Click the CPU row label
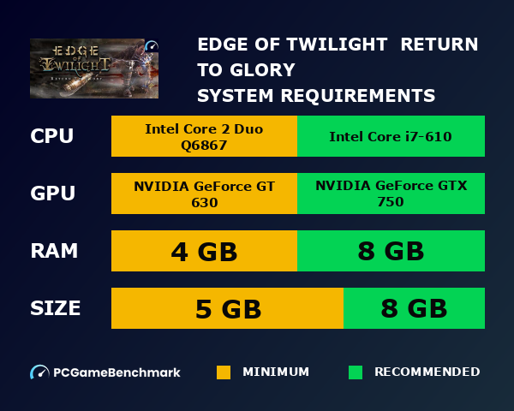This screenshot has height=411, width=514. [51, 136]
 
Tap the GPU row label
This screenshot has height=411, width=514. [52, 194]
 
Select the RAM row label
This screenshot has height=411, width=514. [54, 251]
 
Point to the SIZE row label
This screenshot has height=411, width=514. [56, 307]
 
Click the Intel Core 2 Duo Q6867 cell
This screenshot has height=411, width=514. [204, 136]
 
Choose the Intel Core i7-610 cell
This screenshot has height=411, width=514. [391, 136]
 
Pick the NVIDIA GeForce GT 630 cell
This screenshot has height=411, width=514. [204, 194]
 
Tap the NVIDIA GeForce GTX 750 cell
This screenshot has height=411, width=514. [391, 194]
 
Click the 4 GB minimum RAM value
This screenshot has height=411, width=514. [204, 252]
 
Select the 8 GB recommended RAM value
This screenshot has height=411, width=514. [391, 252]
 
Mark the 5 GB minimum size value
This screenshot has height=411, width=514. [227, 308]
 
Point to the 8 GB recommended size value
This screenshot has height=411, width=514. [414, 308]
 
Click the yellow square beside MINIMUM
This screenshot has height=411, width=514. [224, 372]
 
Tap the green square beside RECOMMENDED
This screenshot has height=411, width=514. [356, 372]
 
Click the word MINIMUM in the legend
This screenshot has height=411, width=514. [275, 372]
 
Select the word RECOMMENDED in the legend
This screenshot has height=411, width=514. [427, 372]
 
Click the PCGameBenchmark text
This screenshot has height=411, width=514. [117, 372]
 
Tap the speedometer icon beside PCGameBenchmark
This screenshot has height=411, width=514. [39, 372]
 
